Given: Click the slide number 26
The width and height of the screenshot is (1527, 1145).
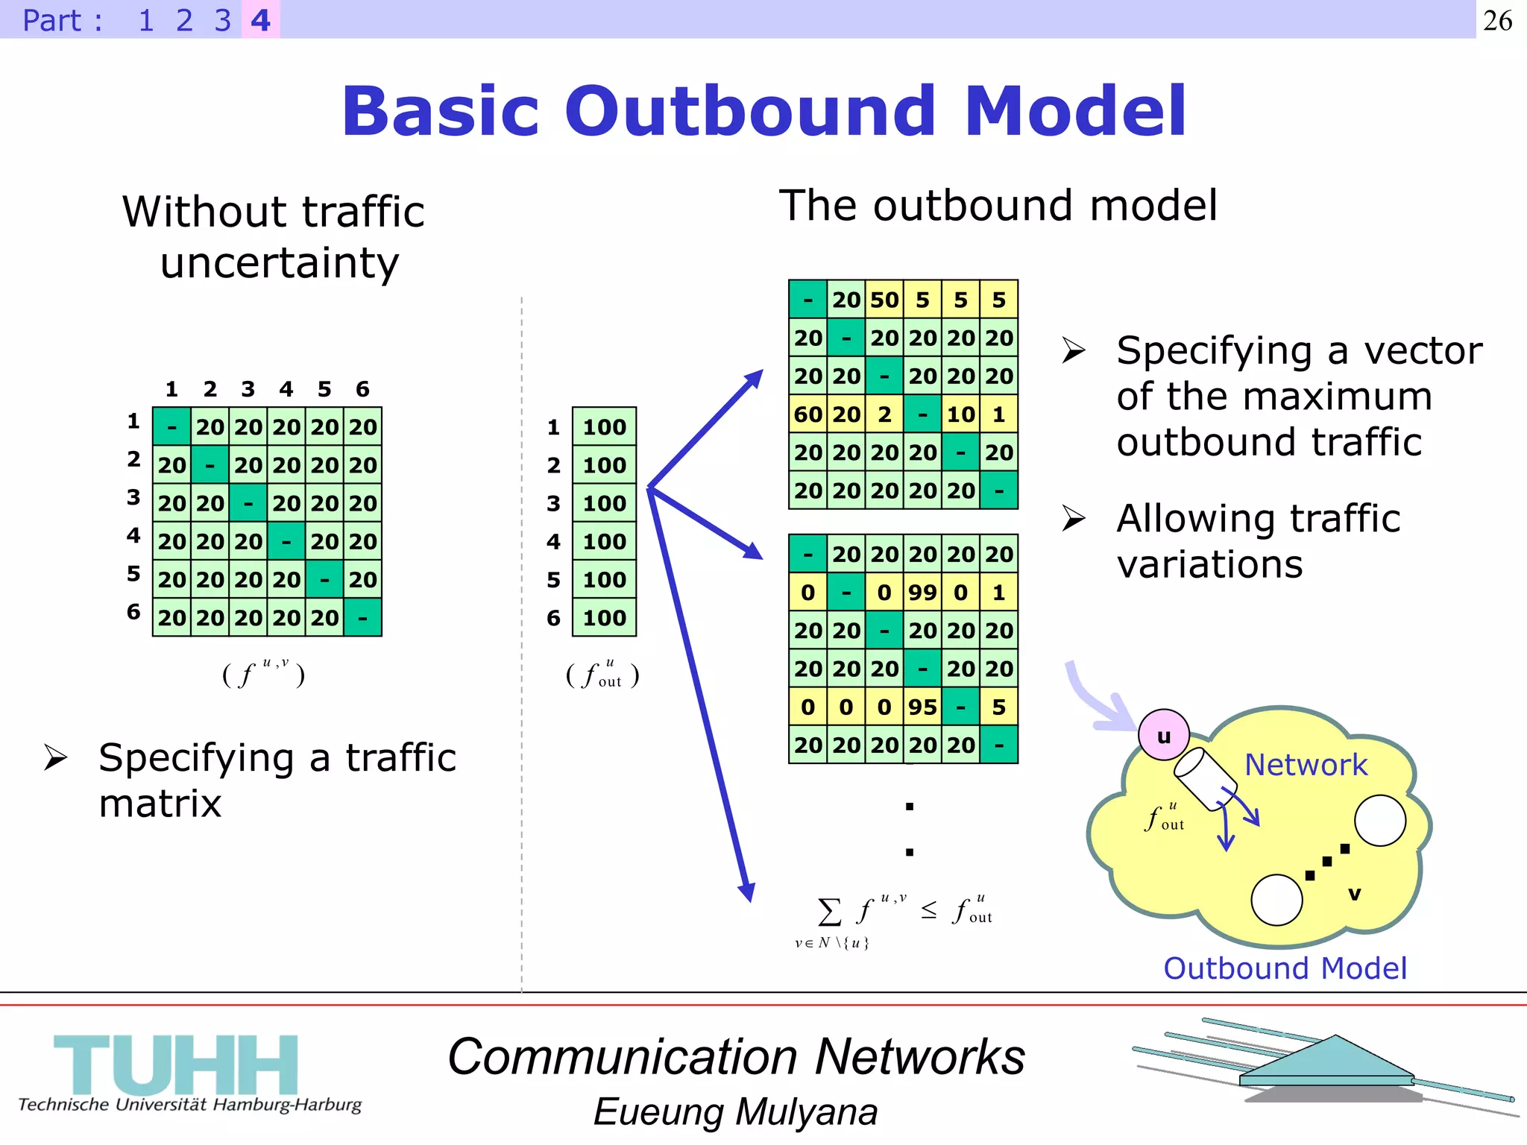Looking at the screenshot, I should (x=1497, y=20).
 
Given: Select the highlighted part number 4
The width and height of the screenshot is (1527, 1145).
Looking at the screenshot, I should (x=260, y=20).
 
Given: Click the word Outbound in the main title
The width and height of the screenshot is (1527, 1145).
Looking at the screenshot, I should (x=750, y=112).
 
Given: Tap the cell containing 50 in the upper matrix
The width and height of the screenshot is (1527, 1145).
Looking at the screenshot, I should (x=884, y=300).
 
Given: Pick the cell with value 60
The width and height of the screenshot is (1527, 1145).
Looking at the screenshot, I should (x=808, y=414).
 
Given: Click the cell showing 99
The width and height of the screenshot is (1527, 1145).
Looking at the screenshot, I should (x=922, y=593).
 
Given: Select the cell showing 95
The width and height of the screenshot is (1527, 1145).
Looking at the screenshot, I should (x=922, y=707).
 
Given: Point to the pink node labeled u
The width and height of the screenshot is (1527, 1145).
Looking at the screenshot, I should (x=1163, y=736).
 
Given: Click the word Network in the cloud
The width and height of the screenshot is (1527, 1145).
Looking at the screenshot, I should (x=1306, y=765).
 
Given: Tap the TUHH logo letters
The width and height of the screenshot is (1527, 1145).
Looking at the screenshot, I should (x=176, y=1064).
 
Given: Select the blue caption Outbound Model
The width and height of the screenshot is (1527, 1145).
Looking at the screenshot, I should (x=1285, y=968).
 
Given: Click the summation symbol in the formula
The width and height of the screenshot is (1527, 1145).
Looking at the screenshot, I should (x=829, y=911).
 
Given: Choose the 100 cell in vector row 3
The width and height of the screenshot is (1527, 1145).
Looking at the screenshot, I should (x=604, y=503).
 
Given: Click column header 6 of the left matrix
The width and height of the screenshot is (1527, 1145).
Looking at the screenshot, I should (x=362, y=389).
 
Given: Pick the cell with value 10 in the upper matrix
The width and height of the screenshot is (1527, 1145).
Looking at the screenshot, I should (x=960, y=414).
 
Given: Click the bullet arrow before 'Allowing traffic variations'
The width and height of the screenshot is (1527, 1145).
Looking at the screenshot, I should (x=1074, y=518).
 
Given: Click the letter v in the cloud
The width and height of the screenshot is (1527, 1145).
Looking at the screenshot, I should (x=1354, y=893).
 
